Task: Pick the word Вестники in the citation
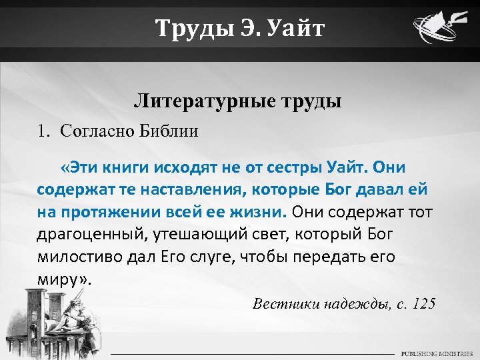pos(286,304)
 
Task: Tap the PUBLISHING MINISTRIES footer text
pos(436,353)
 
